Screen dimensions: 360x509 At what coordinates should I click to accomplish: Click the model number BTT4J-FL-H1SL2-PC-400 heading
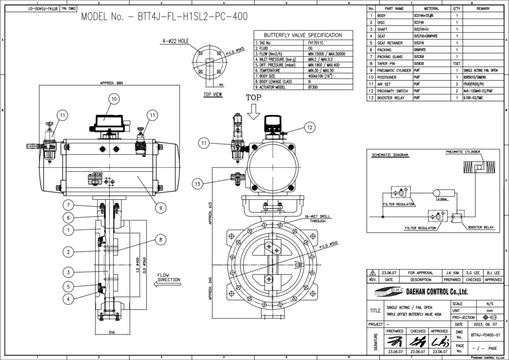(165, 17)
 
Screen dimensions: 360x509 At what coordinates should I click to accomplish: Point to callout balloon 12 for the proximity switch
(309, 127)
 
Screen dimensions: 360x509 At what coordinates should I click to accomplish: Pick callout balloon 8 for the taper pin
(159, 239)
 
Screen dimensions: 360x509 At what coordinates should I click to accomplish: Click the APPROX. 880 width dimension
(111, 83)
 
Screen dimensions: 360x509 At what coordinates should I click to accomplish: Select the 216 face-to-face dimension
(112, 332)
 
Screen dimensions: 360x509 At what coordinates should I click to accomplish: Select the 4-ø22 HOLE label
(175, 41)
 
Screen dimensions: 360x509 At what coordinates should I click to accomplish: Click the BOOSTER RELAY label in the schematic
(481, 227)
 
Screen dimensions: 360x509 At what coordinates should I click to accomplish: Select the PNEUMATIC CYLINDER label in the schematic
(464, 152)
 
